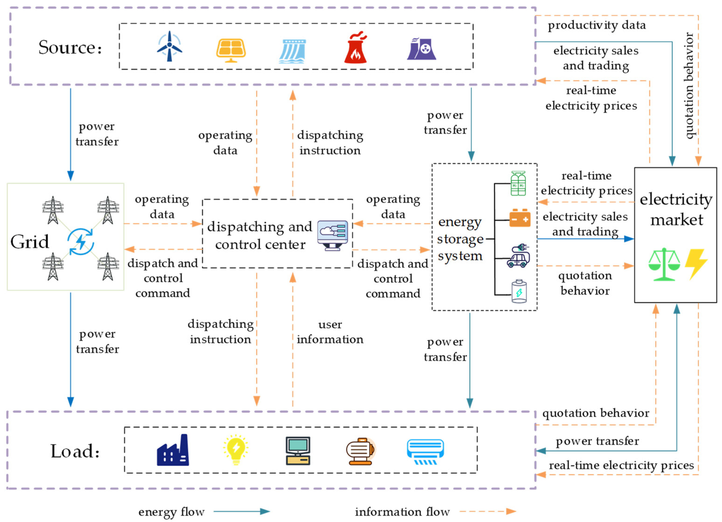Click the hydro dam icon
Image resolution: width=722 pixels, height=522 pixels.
(x=293, y=51)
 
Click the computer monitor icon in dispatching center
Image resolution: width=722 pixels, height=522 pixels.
(x=332, y=235)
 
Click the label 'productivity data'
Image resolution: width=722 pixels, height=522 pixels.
(x=597, y=25)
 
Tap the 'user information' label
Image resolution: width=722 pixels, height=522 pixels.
(x=330, y=332)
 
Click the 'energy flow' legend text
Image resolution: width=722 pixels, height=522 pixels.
(x=171, y=512)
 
